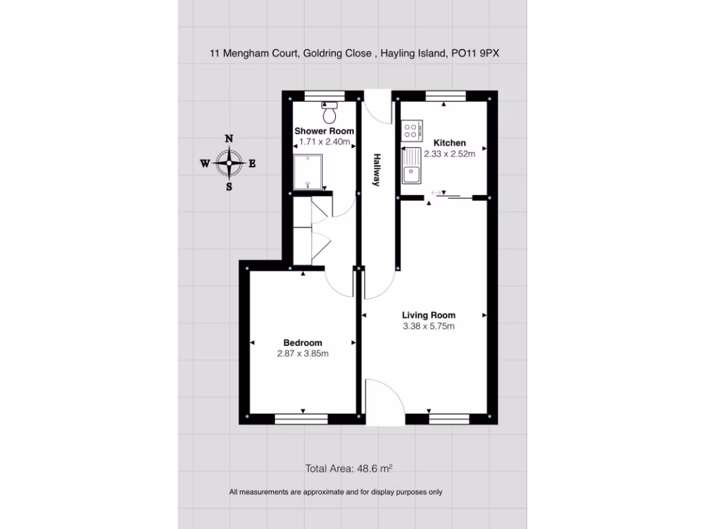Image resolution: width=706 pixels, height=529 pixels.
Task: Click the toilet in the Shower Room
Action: [330, 110]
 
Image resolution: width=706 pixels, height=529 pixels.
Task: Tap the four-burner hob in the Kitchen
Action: [412, 129]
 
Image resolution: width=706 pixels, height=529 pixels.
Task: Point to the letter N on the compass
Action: [229, 138]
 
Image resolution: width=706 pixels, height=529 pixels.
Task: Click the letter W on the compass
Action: [205, 163]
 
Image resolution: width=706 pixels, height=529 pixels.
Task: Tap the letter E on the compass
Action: [252, 163]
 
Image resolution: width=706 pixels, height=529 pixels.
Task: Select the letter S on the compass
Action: [229, 187]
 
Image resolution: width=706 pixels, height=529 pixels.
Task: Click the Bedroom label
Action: [303, 343]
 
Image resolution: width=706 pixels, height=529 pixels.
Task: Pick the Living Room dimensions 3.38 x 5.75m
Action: [428, 326]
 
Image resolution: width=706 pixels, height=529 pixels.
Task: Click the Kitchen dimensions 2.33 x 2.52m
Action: [450, 154]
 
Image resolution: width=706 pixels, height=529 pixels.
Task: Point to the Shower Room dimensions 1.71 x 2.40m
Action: [324, 142]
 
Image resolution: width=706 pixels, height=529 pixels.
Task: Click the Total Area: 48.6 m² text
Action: [349, 468]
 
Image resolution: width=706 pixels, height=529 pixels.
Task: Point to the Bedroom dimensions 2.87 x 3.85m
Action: [303, 354]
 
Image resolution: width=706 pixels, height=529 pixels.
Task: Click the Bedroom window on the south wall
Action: [301, 417]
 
